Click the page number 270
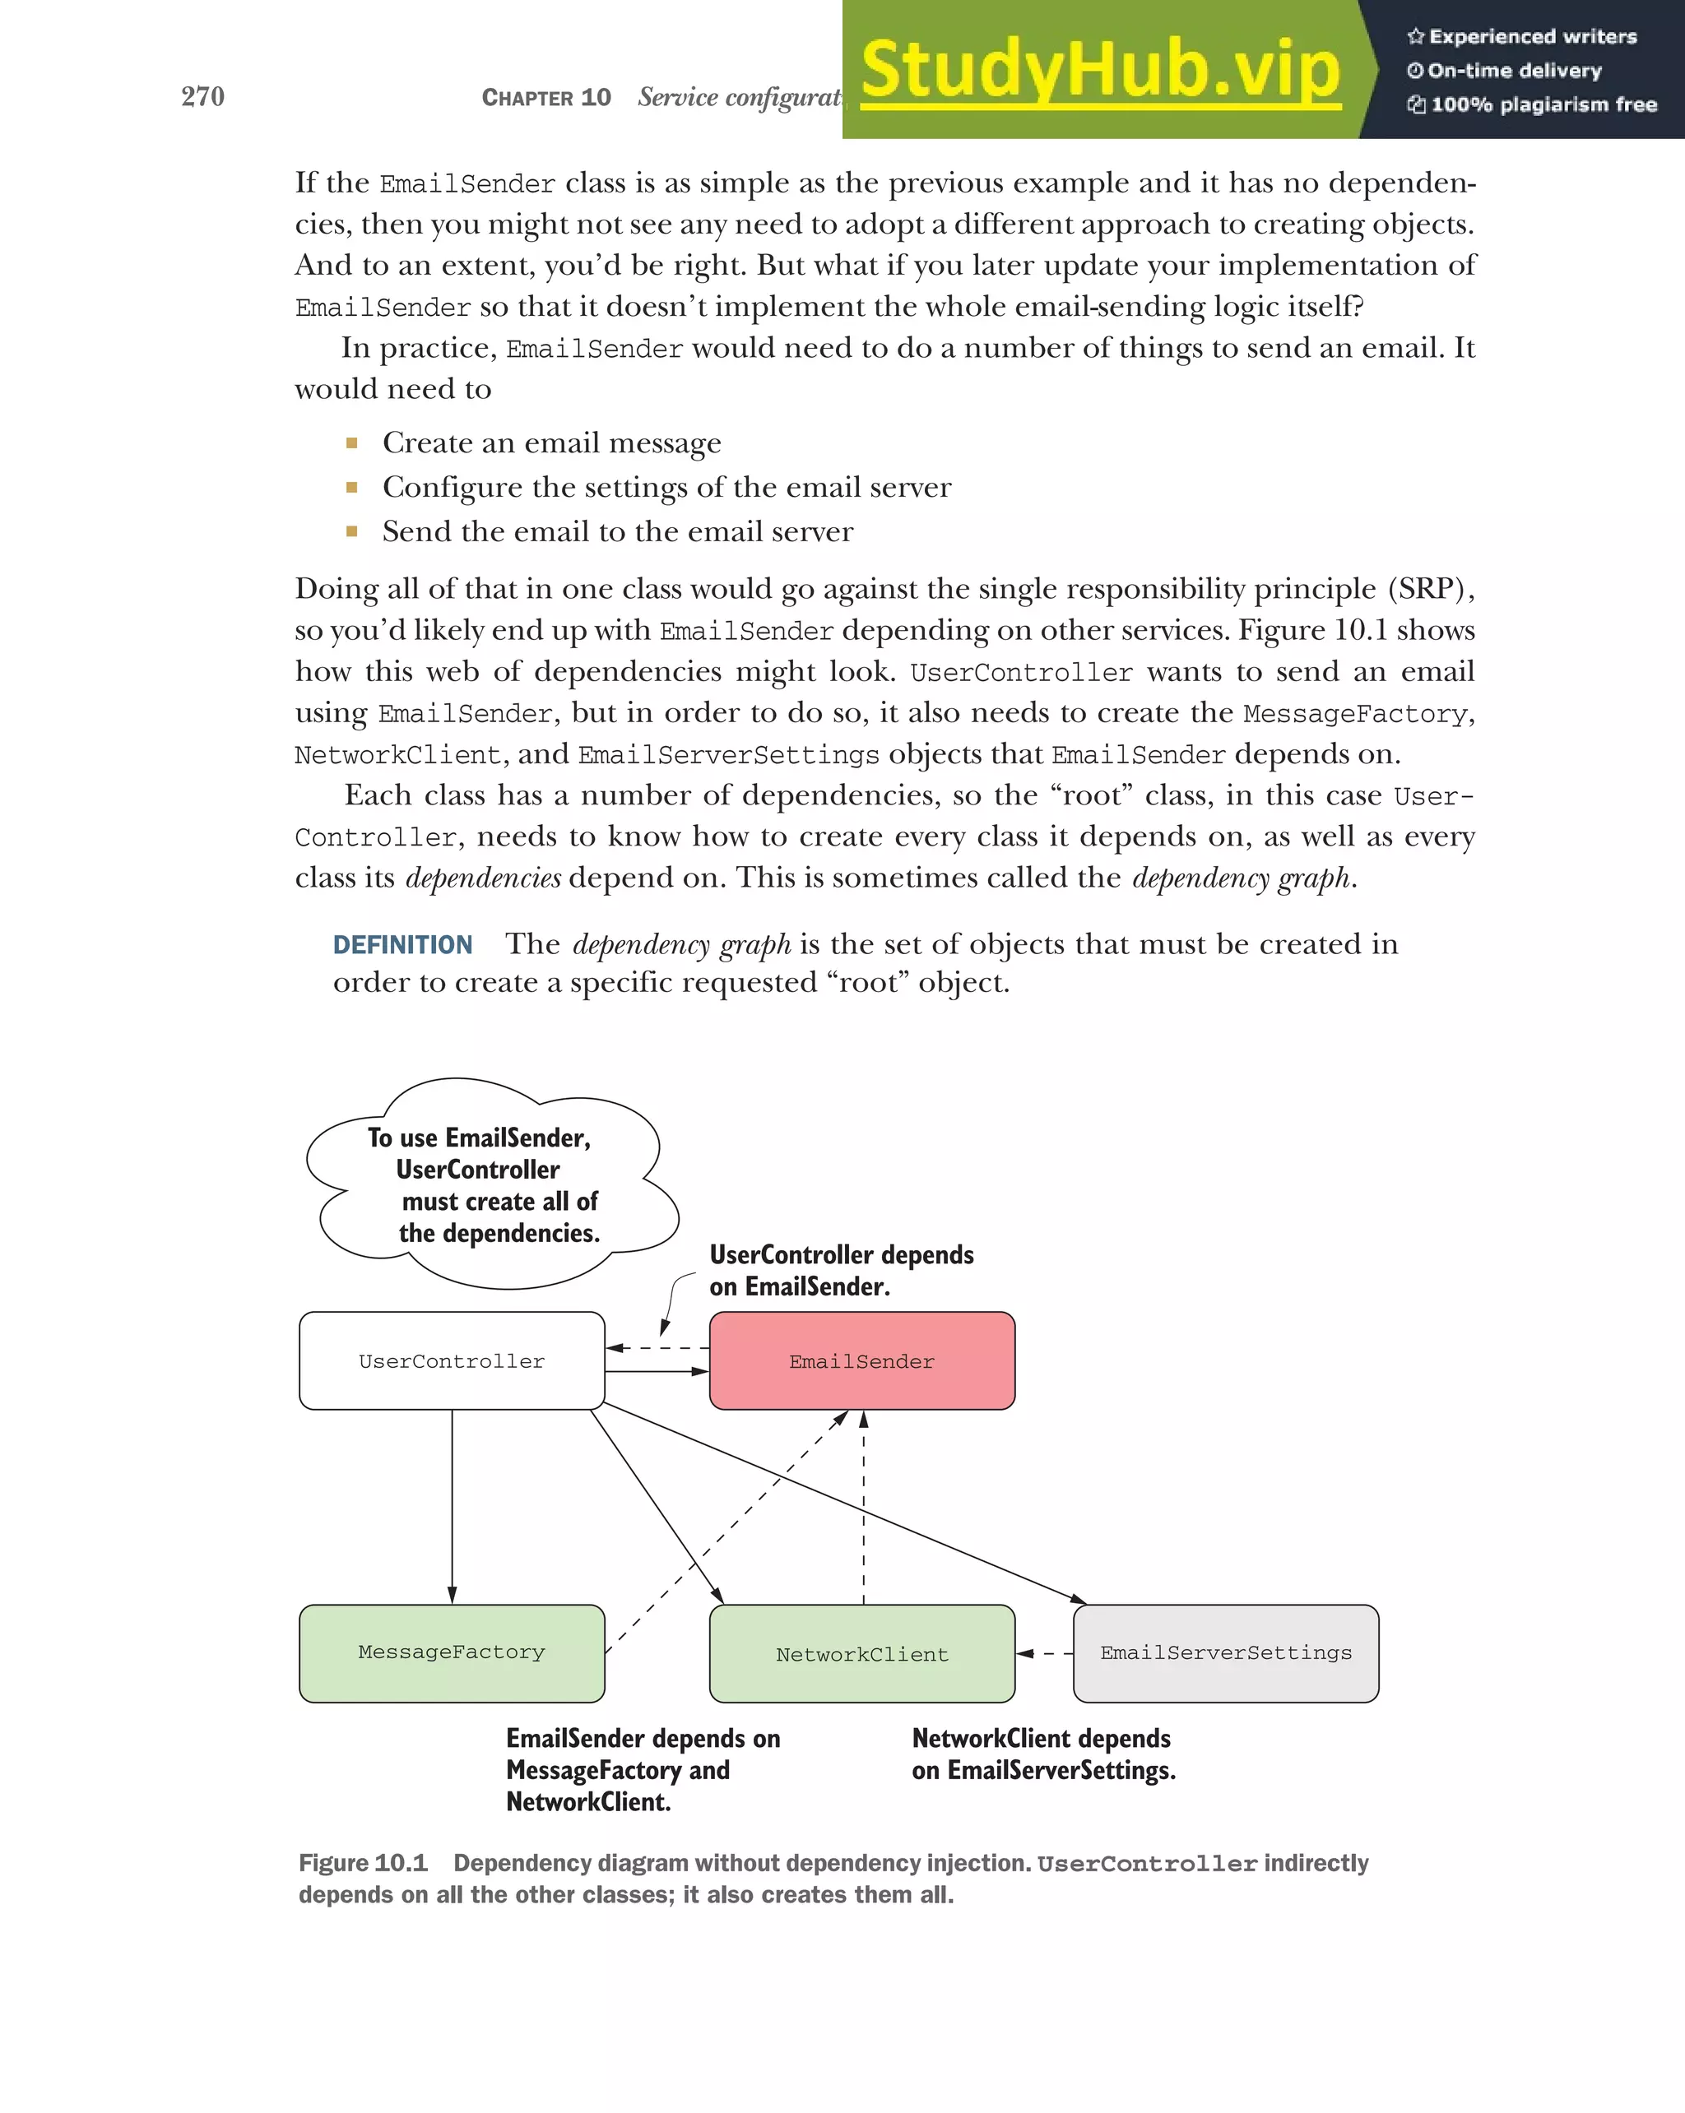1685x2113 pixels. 203,96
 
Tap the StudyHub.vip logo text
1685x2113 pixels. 1100,71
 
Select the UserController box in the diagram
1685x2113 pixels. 452,1360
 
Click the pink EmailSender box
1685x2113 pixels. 861,1360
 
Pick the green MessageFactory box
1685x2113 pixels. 452,1652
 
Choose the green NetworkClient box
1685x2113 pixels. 861,1654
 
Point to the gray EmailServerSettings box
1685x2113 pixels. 1225,1652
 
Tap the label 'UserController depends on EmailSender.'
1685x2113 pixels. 841,1270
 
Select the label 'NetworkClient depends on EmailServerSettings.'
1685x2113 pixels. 1043,1754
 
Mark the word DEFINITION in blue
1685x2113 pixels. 403,945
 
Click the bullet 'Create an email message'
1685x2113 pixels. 552,443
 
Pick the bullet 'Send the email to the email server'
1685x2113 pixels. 618,532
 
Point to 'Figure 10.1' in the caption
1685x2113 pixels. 363,1863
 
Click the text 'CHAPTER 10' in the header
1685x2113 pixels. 546,97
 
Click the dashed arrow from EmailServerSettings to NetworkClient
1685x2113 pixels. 1045,1653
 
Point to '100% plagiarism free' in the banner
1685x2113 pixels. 1543,104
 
